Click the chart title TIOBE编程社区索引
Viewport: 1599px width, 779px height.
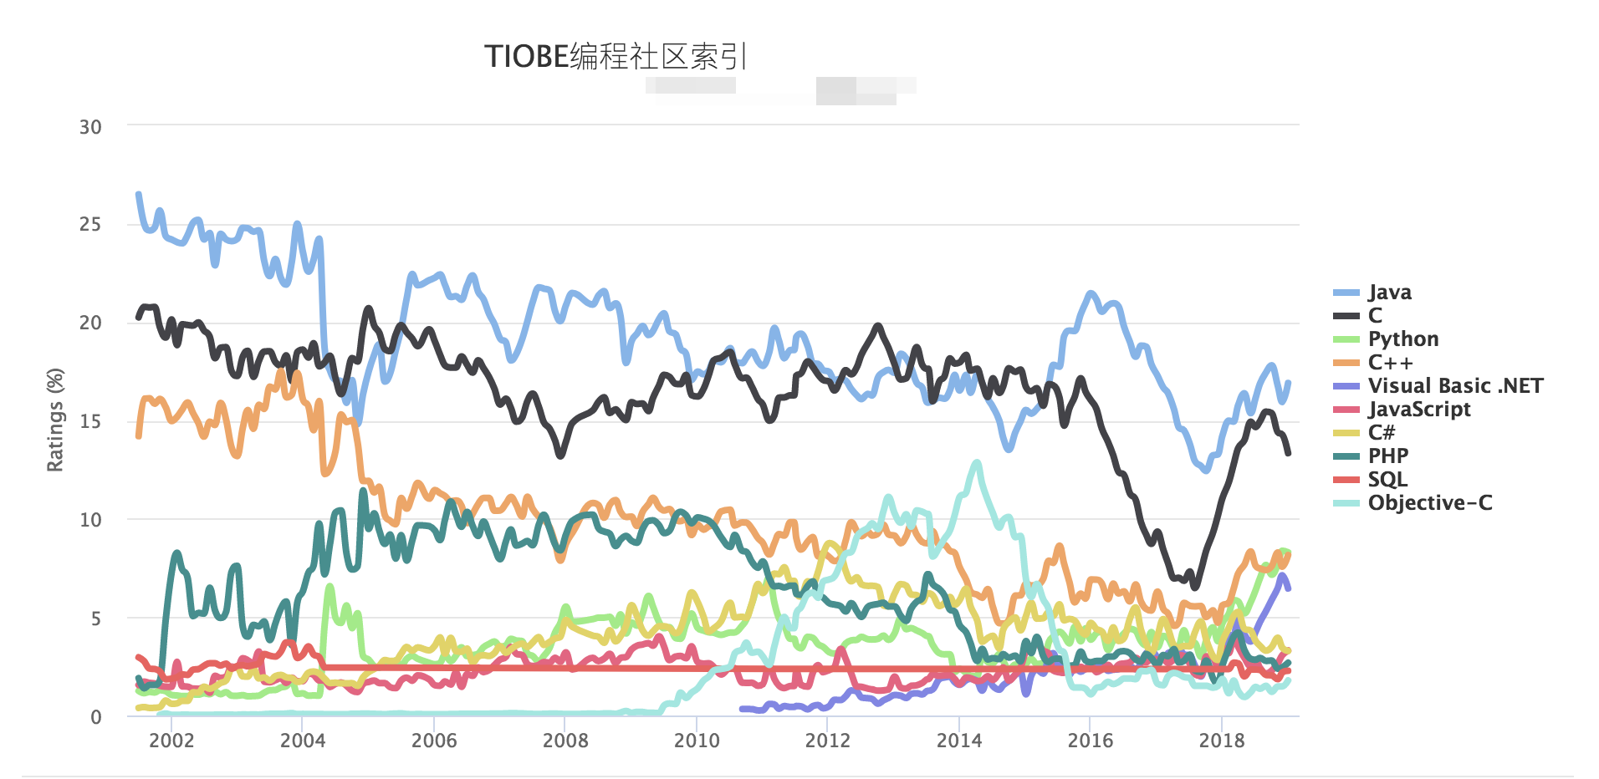pos(615,57)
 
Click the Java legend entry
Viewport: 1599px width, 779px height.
pos(1389,293)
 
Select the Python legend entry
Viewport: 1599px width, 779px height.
pos(1402,339)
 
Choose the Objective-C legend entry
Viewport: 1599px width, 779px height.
pos(1429,503)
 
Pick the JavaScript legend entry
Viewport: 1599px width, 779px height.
pos(1418,410)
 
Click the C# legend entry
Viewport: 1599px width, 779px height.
pos(1381,433)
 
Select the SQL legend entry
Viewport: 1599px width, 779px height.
pos(1387,480)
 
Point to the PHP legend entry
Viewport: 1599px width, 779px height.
pos(1387,456)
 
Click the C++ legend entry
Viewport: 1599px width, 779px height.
pos(1389,363)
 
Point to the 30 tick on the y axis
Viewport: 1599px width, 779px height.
pos(90,127)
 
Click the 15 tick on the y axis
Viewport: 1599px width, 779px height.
pos(90,421)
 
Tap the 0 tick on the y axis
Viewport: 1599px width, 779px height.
pos(96,717)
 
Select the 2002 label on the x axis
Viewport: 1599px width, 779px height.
pos(171,741)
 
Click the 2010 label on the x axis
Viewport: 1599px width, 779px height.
pos(697,741)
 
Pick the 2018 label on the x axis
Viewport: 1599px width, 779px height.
pos(1222,741)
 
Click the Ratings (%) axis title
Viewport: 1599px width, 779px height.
pos(55,420)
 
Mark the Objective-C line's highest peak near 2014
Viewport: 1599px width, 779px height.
pos(976,461)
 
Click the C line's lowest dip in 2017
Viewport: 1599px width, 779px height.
pos(1195,587)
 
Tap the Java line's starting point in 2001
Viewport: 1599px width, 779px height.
pos(139,194)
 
